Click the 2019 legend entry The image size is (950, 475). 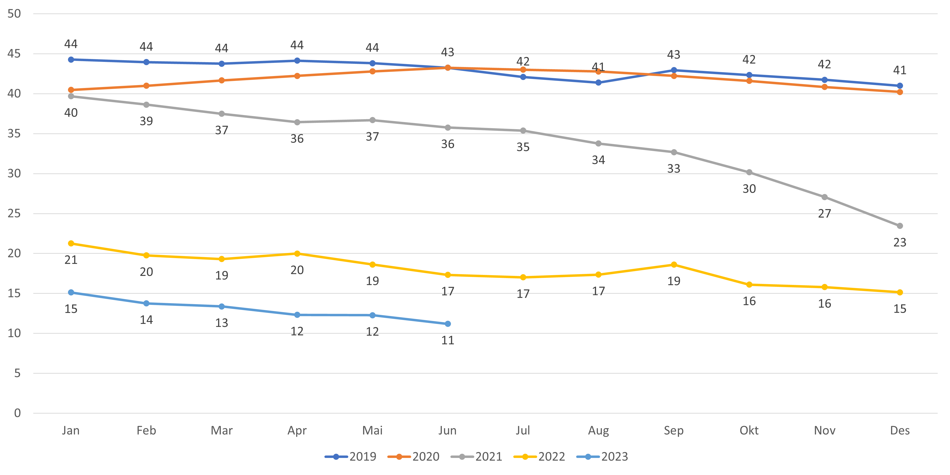[x=350, y=456]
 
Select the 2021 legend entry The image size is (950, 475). [x=476, y=456]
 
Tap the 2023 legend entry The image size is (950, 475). [x=602, y=456]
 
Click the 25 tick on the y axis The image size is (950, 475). [x=14, y=213]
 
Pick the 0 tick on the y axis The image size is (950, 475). [x=17, y=413]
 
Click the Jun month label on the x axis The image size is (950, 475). [x=447, y=430]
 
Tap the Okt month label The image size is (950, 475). [x=749, y=430]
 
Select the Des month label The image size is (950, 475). [x=900, y=430]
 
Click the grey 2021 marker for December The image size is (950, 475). [x=900, y=226]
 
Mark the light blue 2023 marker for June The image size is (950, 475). [x=448, y=324]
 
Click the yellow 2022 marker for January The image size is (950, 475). [x=71, y=243]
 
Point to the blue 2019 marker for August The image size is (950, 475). [x=598, y=83]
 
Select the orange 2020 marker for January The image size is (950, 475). [x=71, y=90]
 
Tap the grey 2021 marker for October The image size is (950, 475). [x=749, y=172]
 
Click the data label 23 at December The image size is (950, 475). [x=900, y=242]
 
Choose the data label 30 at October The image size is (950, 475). [x=749, y=189]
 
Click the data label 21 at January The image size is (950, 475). [x=71, y=260]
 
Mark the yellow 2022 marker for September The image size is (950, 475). [x=674, y=264]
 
